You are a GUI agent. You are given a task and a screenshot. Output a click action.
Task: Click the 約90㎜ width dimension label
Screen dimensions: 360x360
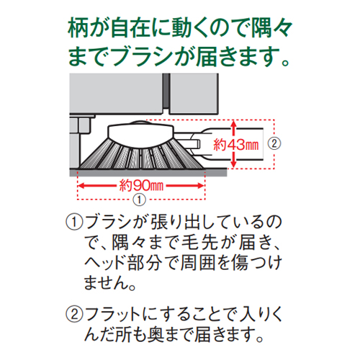tap(141, 186)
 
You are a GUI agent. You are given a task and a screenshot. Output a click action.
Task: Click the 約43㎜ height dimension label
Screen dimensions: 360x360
tap(236, 145)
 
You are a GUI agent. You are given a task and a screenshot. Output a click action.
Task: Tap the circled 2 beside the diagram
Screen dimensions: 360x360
tap(274, 144)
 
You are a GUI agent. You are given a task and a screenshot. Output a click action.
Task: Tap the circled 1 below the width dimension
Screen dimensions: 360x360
tap(140, 199)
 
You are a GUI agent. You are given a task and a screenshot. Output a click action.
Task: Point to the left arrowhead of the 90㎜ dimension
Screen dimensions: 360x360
tap(81, 186)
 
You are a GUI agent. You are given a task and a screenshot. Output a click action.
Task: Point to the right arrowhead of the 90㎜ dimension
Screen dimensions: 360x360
tap(200, 186)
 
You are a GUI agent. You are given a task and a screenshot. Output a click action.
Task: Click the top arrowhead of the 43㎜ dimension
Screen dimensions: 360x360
tap(234, 124)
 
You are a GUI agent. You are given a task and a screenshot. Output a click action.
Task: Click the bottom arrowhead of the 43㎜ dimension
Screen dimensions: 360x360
tap(234, 164)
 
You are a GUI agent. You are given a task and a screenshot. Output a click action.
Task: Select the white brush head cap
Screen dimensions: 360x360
tap(141, 134)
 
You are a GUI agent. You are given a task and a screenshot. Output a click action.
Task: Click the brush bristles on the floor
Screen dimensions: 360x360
tap(142, 156)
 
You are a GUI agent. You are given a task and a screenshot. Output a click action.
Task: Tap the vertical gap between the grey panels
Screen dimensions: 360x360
tap(166, 92)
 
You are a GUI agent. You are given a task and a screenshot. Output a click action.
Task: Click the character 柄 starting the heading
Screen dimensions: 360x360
tap(78, 28)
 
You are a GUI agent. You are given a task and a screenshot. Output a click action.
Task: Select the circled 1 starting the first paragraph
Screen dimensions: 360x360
tap(74, 222)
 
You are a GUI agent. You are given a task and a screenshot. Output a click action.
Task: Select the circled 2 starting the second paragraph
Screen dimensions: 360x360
tap(74, 314)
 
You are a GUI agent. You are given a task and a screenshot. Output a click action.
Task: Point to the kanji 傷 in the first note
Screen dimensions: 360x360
tap(240, 263)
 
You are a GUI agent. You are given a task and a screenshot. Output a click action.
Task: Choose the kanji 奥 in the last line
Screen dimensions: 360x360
tap(156, 334)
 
